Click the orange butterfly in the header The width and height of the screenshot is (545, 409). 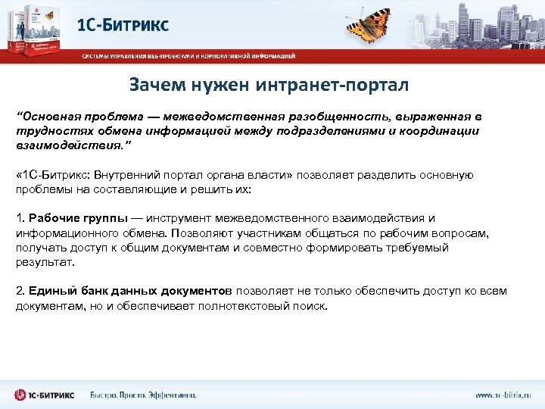pyautogui.click(x=373, y=23)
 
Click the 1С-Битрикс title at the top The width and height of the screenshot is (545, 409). pyautogui.click(x=123, y=24)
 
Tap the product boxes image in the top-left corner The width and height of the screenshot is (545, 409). pyautogui.click(x=34, y=29)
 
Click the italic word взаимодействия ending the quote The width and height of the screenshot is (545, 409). pyautogui.click(x=64, y=145)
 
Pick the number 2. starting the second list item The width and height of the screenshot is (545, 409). pyautogui.click(x=20, y=291)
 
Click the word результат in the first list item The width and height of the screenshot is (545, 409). pyautogui.click(x=45, y=261)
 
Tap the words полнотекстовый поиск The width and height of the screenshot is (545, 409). pyautogui.click(x=264, y=305)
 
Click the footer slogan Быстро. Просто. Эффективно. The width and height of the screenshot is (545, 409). pyautogui.click(x=143, y=395)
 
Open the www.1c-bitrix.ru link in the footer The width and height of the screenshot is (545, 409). pyautogui.click(x=503, y=395)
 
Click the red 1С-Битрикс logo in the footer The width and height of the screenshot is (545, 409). pyautogui.click(x=45, y=395)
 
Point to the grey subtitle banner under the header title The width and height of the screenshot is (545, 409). pyautogui.click(x=189, y=55)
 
